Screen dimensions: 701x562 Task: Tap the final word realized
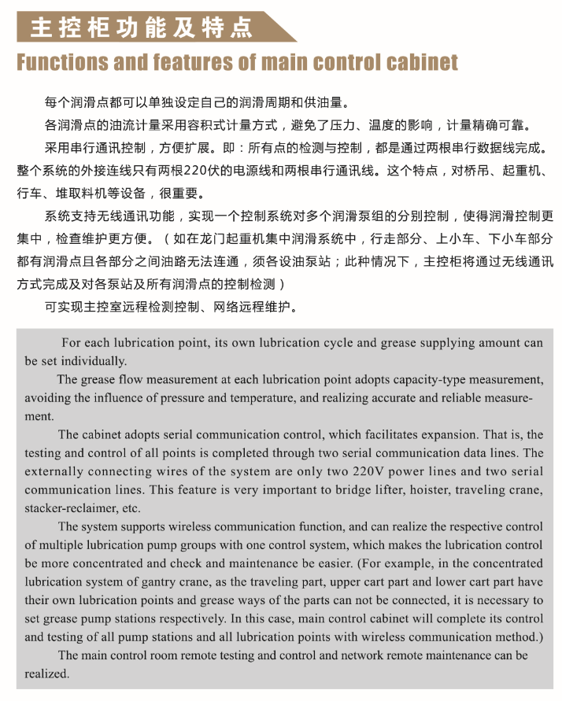[46, 673]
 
